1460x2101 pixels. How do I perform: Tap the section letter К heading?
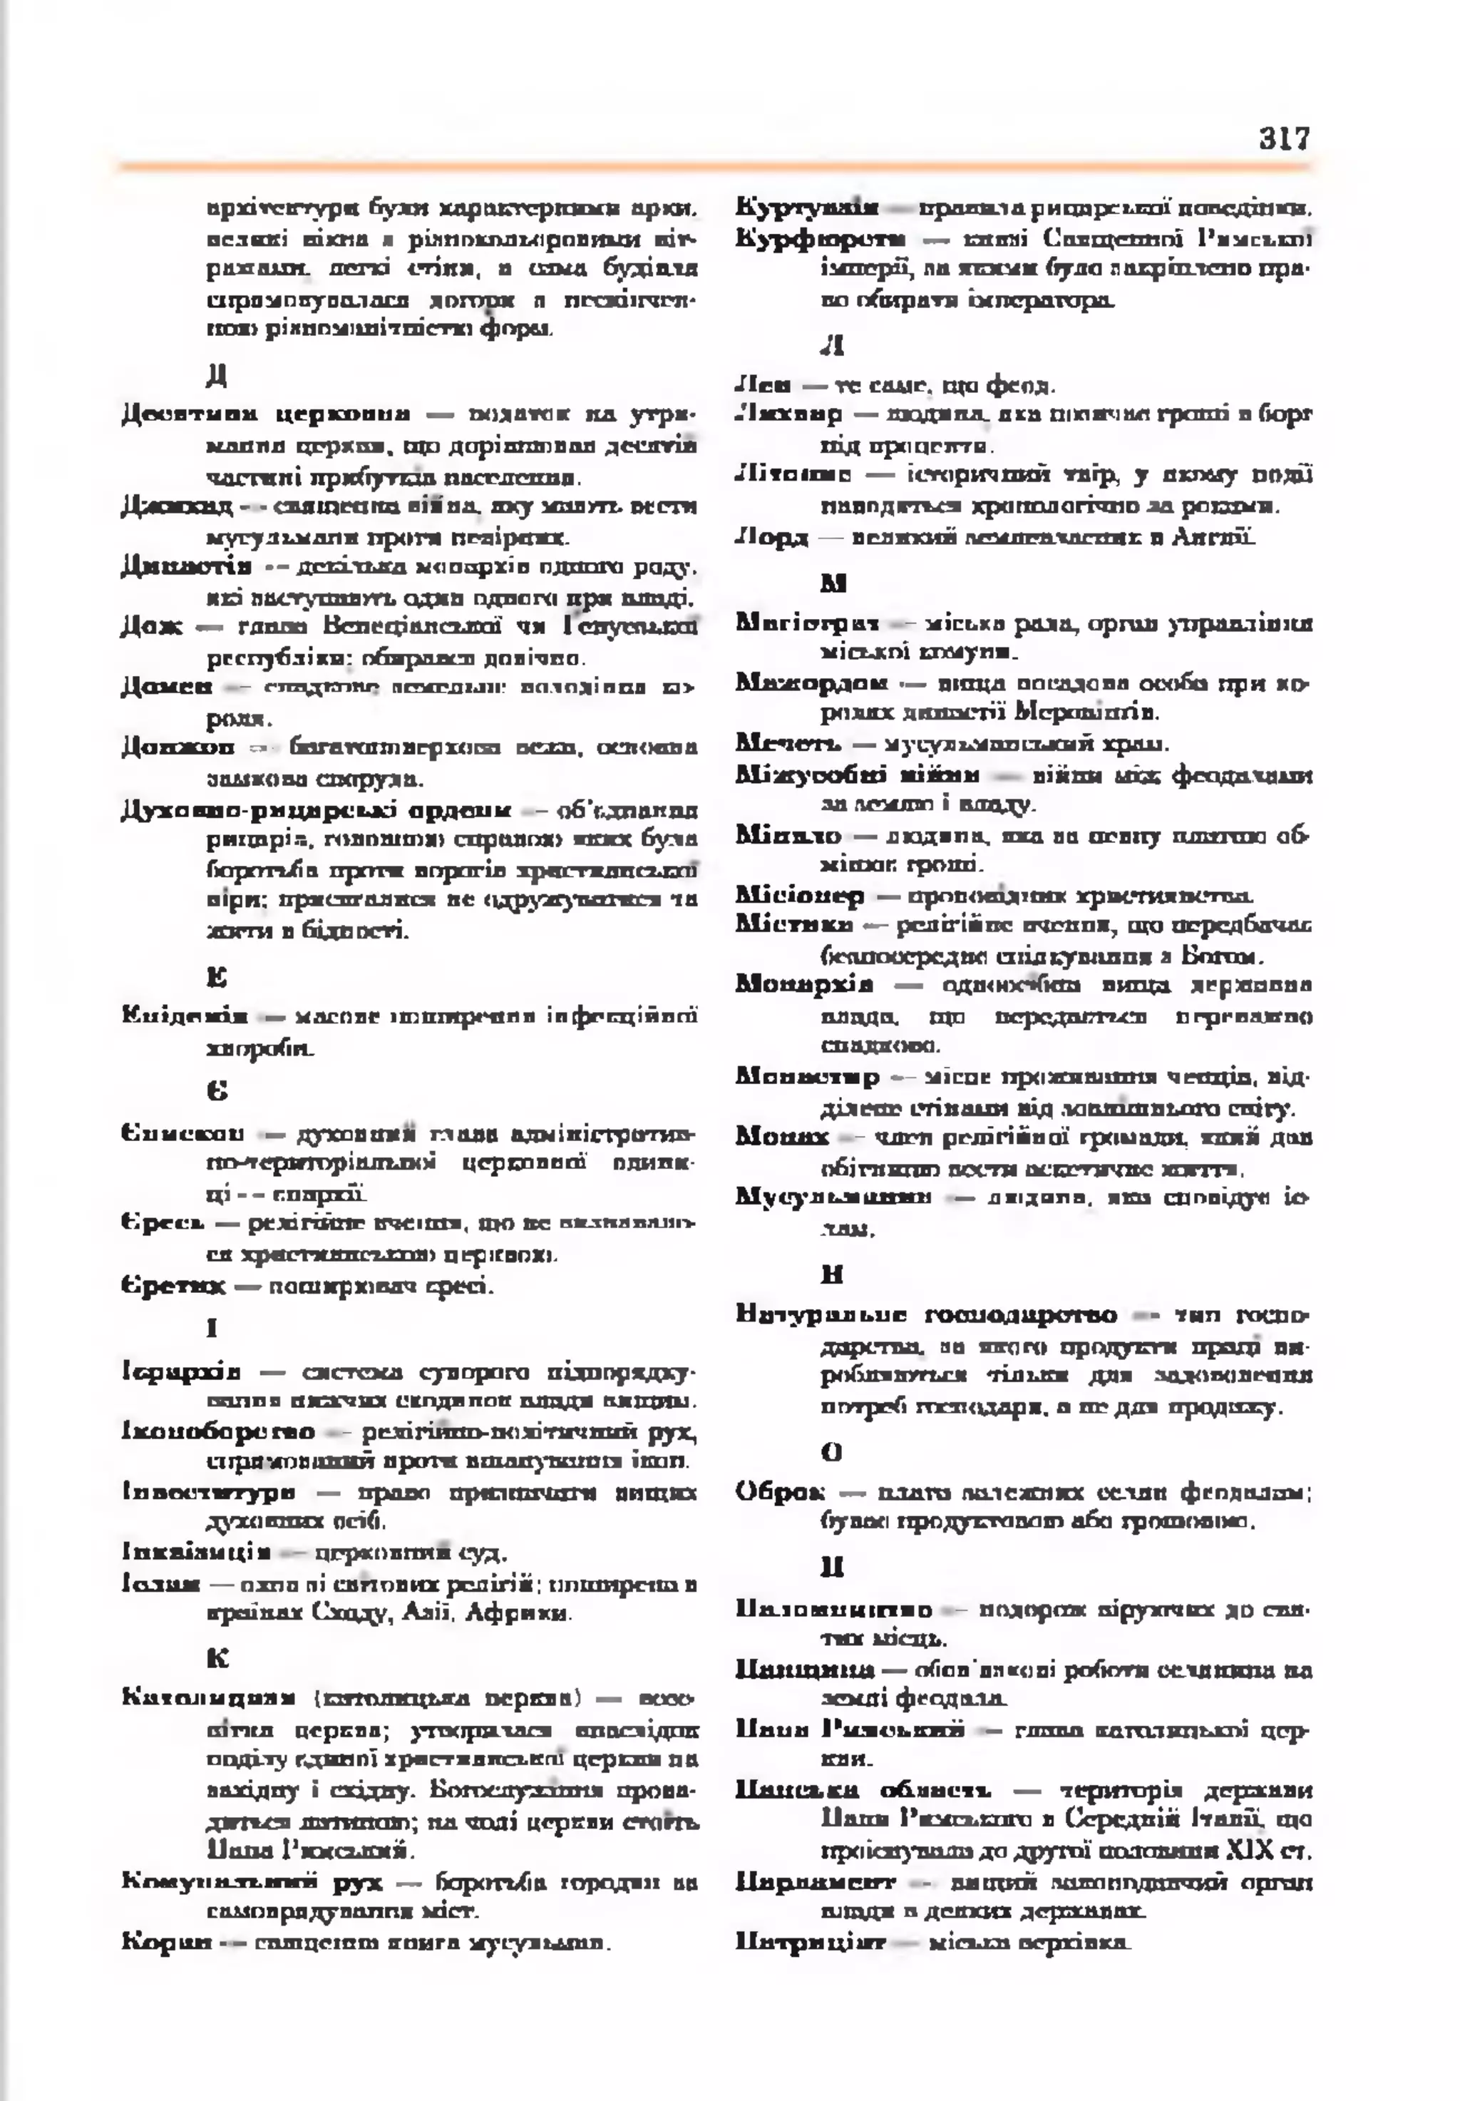[217, 1657]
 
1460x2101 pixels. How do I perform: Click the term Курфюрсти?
[821, 239]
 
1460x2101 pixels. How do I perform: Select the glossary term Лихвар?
[788, 414]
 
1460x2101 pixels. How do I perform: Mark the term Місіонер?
[800, 895]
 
